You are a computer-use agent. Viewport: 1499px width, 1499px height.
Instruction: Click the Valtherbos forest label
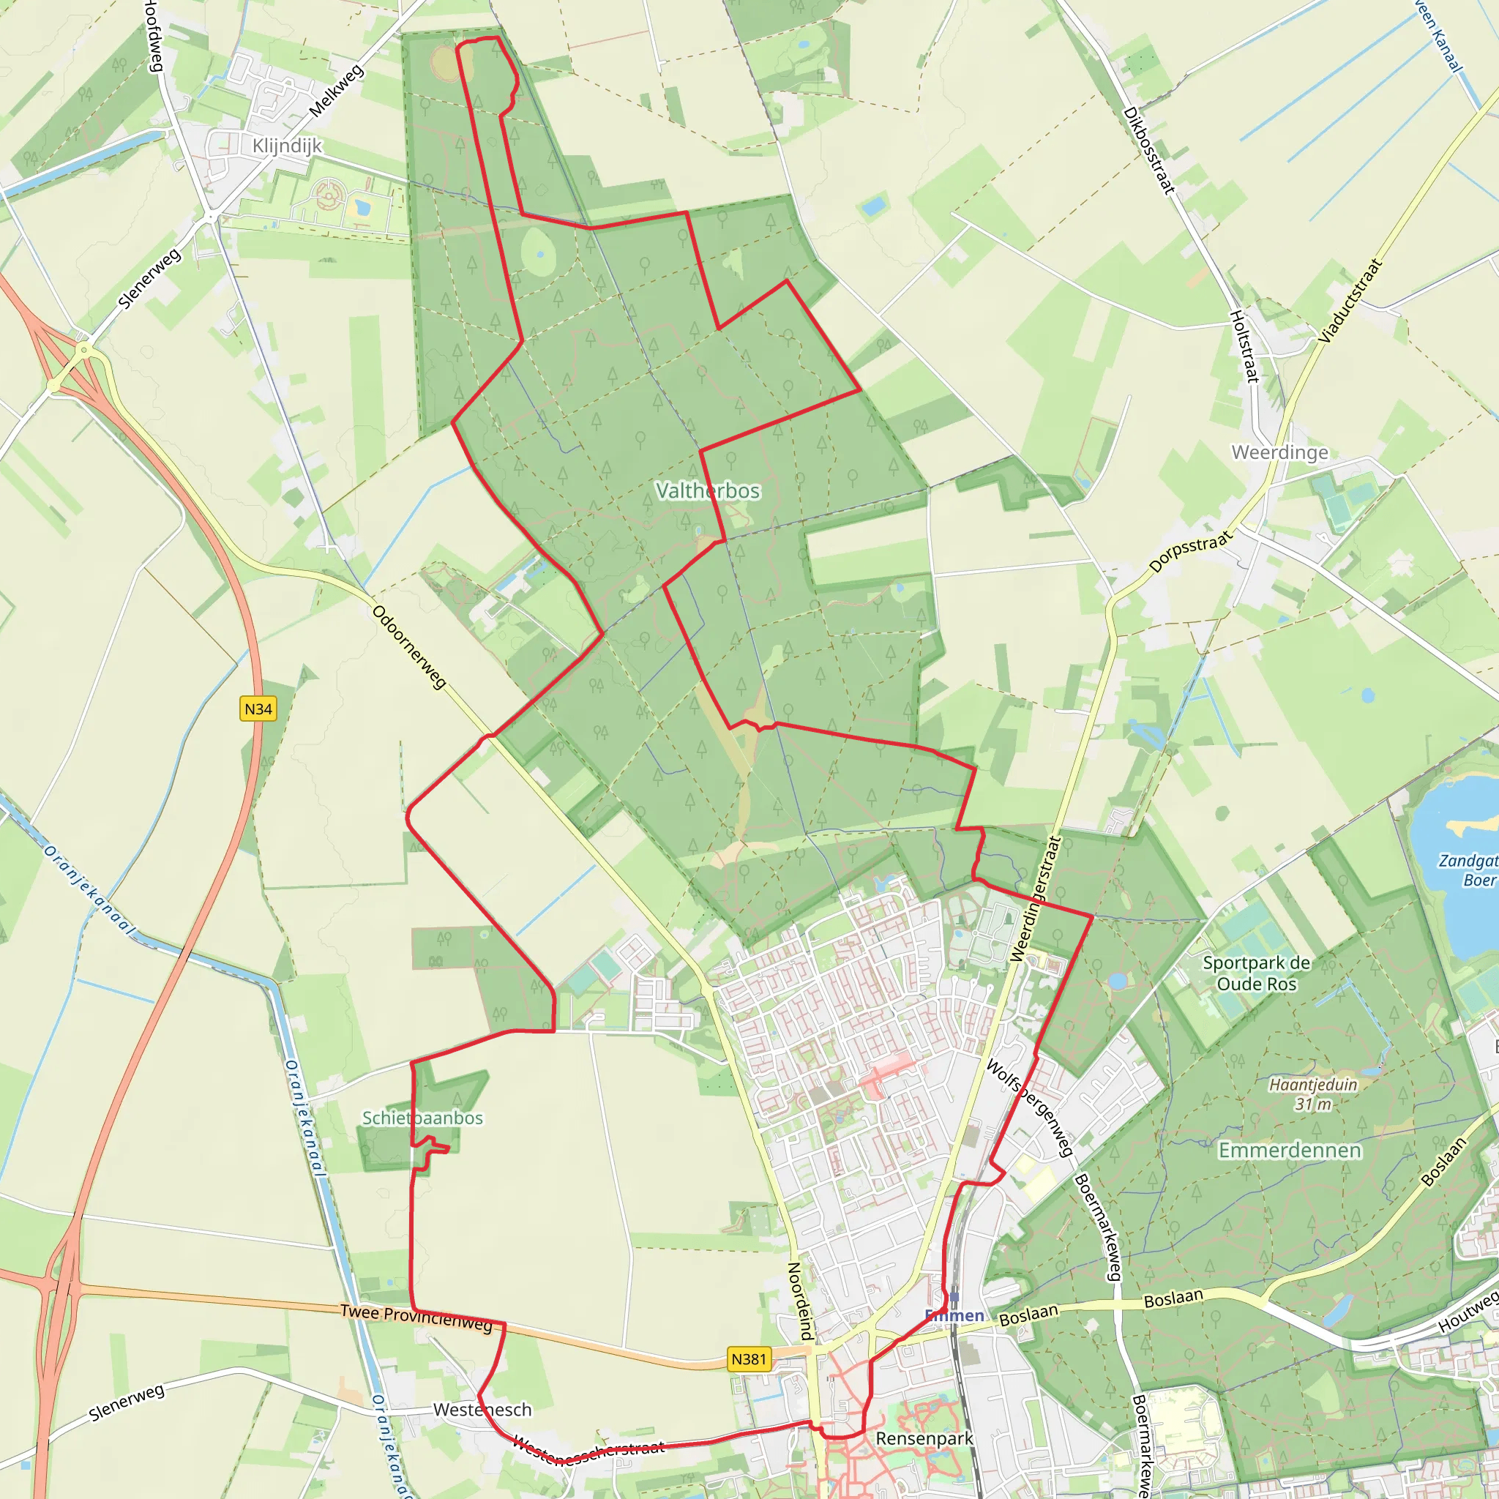(x=708, y=490)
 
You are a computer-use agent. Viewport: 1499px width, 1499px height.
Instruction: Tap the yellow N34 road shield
(x=258, y=709)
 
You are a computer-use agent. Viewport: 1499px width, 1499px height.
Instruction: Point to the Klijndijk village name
(x=286, y=146)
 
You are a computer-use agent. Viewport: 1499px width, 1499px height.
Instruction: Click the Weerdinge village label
(x=1279, y=452)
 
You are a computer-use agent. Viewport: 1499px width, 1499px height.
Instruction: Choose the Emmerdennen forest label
(x=1290, y=1150)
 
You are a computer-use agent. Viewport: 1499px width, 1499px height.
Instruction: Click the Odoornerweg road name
(x=409, y=646)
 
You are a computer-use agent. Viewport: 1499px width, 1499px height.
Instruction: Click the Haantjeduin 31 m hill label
(x=1313, y=1094)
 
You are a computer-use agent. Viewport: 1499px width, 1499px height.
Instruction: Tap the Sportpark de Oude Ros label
(x=1256, y=973)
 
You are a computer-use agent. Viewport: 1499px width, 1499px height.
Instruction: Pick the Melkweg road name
(x=336, y=91)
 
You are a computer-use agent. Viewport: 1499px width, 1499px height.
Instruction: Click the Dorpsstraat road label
(x=1190, y=551)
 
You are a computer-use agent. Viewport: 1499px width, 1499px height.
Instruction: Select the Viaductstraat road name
(x=1351, y=300)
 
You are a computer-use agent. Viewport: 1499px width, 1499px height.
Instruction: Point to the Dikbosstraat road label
(x=1149, y=150)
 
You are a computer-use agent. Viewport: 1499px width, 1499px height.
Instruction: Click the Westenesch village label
(x=482, y=1409)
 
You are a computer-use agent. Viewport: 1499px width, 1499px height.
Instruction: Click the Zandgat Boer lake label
(x=1468, y=870)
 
